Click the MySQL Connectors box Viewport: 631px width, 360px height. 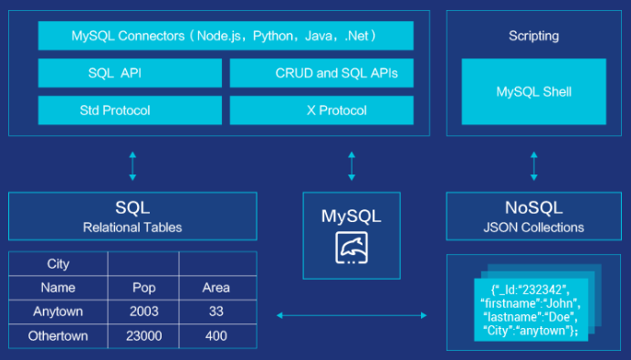click(x=226, y=37)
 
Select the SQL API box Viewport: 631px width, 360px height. click(x=130, y=73)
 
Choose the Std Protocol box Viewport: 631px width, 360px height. click(x=130, y=111)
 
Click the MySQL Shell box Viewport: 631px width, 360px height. click(x=533, y=92)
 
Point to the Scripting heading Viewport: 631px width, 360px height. click(x=533, y=37)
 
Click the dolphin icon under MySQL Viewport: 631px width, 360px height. click(x=351, y=248)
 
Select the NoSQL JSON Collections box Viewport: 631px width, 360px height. click(x=533, y=217)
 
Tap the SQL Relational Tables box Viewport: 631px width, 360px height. click(x=132, y=217)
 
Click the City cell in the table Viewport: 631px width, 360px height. click(x=58, y=264)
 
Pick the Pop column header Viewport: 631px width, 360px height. click(x=144, y=288)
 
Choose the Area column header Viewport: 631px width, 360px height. click(x=216, y=288)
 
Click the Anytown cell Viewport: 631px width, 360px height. click(x=58, y=312)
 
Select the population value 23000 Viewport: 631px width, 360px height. click(x=144, y=335)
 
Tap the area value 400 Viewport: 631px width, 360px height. click(x=216, y=335)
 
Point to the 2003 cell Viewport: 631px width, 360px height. click(x=144, y=312)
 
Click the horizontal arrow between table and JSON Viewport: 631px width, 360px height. click(x=351, y=315)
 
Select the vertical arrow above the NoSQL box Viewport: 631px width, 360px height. click(x=533, y=166)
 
